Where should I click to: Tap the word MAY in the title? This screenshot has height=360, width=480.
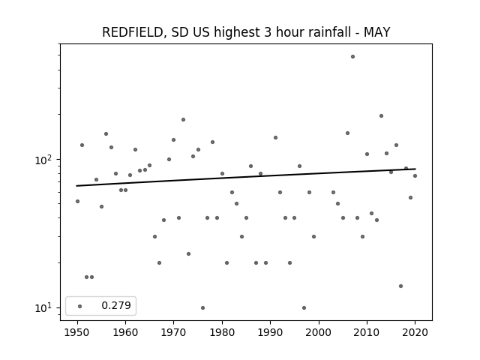(x=376, y=32)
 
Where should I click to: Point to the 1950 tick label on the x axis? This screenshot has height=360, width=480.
(x=77, y=332)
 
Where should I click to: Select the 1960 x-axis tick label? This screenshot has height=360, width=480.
(x=125, y=332)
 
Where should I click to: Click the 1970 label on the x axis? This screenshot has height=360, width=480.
(x=173, y=332)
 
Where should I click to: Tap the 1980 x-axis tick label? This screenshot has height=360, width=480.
(x=222, y=332)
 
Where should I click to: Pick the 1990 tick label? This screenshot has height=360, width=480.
(x=270, y=332)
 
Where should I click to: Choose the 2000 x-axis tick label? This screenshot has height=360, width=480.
(x=319, y=332)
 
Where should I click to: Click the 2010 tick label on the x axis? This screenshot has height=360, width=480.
(x=367, y=332)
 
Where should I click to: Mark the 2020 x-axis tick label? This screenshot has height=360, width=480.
(x=415, y=332)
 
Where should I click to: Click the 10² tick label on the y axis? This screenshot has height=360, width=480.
(x=45, y=160)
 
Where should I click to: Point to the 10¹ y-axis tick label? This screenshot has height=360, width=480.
(x=45, y=307)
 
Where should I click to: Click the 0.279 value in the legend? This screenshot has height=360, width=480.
(x=116, y=305)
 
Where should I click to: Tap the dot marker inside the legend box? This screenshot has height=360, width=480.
(x=80, y=306)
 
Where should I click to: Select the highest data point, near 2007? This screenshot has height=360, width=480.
(x=352, y=57)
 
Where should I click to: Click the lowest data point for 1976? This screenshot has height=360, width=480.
(x=202, y=307)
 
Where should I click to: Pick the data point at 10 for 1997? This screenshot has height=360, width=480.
(x=304, y=307)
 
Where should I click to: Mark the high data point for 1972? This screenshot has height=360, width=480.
(x=183, y=120)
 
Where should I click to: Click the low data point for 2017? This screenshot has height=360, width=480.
(x=400, y=286)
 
